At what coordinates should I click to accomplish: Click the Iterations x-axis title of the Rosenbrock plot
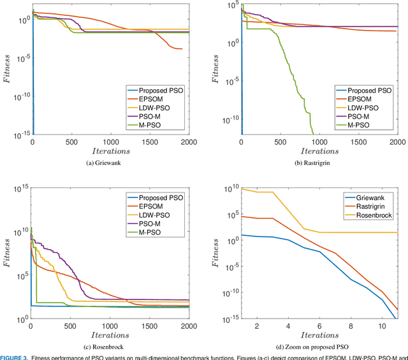110,335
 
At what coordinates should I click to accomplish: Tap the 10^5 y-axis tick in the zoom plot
230,216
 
